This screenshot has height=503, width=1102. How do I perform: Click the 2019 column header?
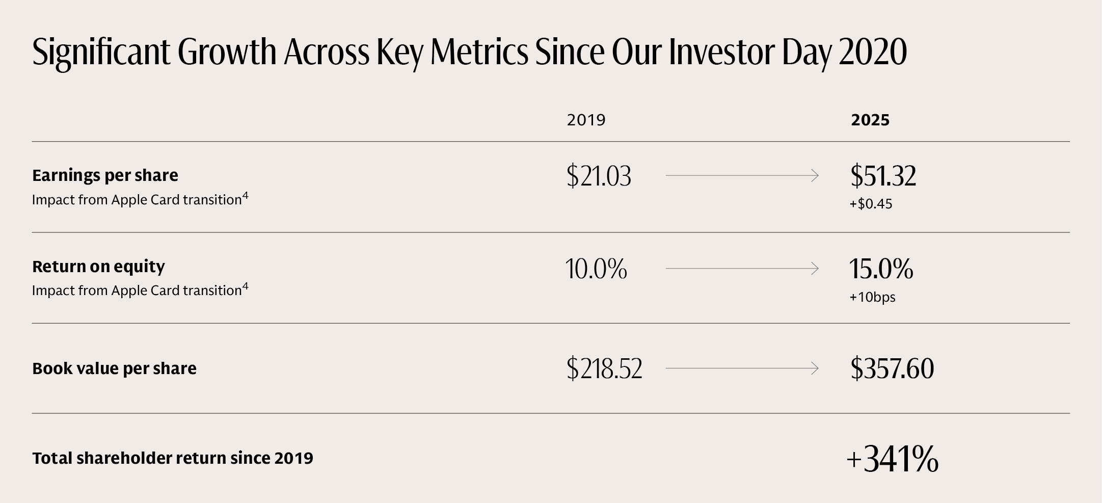click(x=586, y=120)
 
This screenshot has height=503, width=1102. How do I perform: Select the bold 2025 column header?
click(x=870, y=120)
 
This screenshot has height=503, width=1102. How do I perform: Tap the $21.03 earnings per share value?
click(x=599, y=176)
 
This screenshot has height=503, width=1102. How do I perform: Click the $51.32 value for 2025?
click(x=883, y=176)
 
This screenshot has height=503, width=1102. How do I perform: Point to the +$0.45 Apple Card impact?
click(x=871, y=204)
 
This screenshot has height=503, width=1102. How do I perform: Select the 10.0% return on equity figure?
click(x=596, y=269)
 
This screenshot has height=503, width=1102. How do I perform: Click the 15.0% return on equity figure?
click(x=881, y=269)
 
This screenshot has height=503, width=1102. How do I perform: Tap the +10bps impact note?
click(x=872, y=297)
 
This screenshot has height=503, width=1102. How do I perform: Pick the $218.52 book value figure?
click(x=604, y=368)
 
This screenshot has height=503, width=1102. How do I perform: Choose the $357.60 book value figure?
click(x=892, y=368)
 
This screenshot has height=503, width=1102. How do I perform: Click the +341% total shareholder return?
click(x=892, y=459)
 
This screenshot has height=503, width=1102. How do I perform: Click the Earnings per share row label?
click(x=105, y=175)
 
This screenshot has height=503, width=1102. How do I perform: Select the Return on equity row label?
click(x=98, y=267)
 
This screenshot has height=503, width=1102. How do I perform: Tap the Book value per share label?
click(x=114, y=368)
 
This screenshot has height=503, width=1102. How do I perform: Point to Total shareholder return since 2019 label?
click(x=173, y=458)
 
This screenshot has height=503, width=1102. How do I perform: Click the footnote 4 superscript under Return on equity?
click(x=245, y=286)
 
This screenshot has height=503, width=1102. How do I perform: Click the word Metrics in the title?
click(x=479, y=52)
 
